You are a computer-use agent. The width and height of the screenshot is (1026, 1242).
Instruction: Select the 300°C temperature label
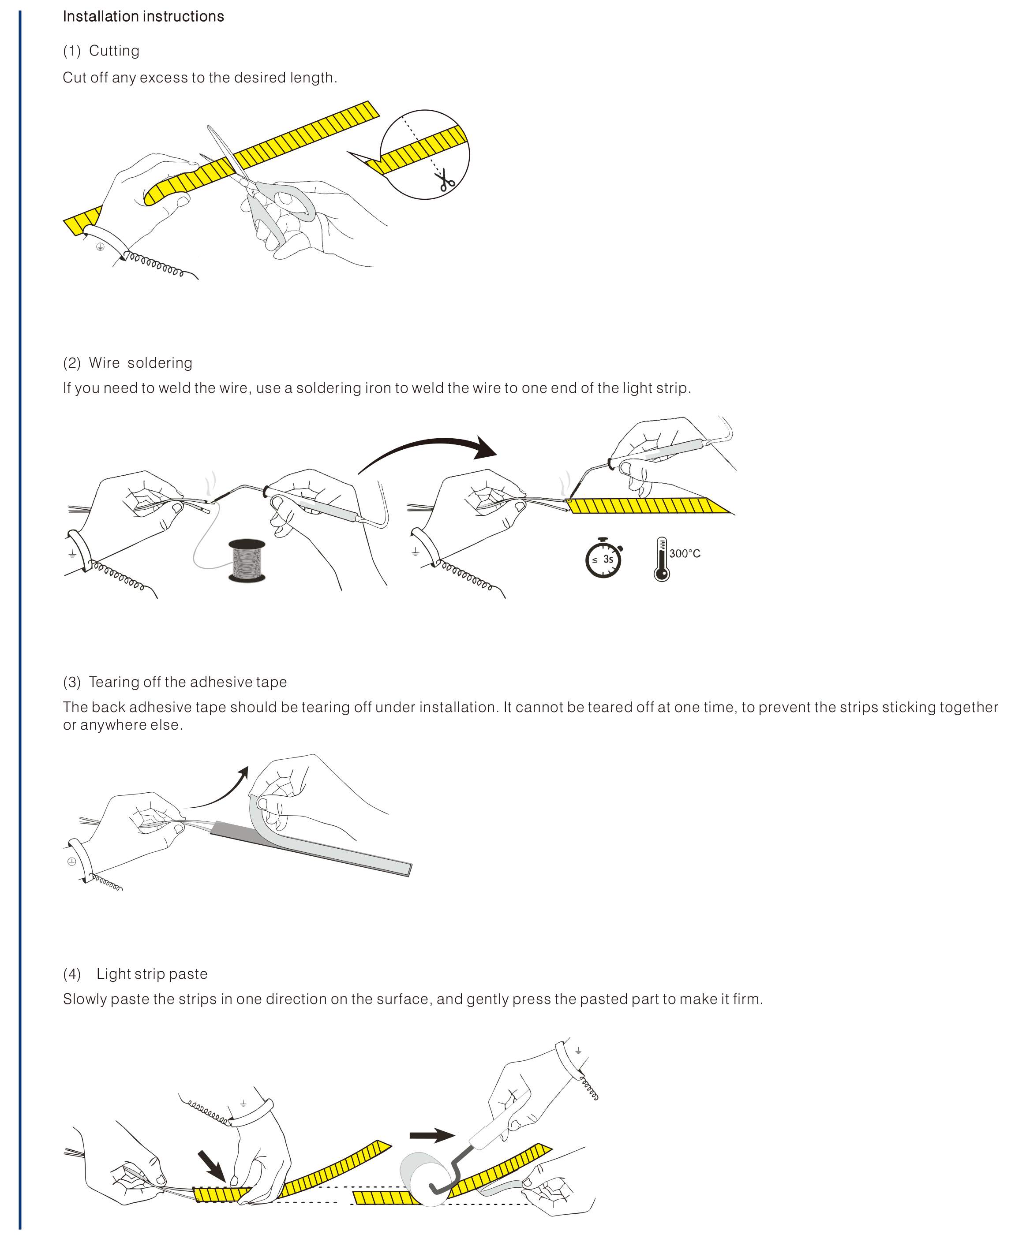coord(685,553)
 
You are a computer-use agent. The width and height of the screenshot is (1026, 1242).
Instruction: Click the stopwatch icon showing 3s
coord(603,558)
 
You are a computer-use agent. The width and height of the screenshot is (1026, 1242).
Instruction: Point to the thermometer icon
coord(661,559)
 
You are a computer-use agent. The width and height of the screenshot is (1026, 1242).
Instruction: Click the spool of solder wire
coord(247,560)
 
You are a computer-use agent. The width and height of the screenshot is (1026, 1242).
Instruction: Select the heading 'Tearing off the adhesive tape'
coord(187,682)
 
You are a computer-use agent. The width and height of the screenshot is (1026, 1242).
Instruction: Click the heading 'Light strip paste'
coord(152,974)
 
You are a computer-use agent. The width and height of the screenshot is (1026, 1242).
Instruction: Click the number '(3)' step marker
coord(71,682)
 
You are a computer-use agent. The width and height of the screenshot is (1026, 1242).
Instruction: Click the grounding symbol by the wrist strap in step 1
coord(101,247)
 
